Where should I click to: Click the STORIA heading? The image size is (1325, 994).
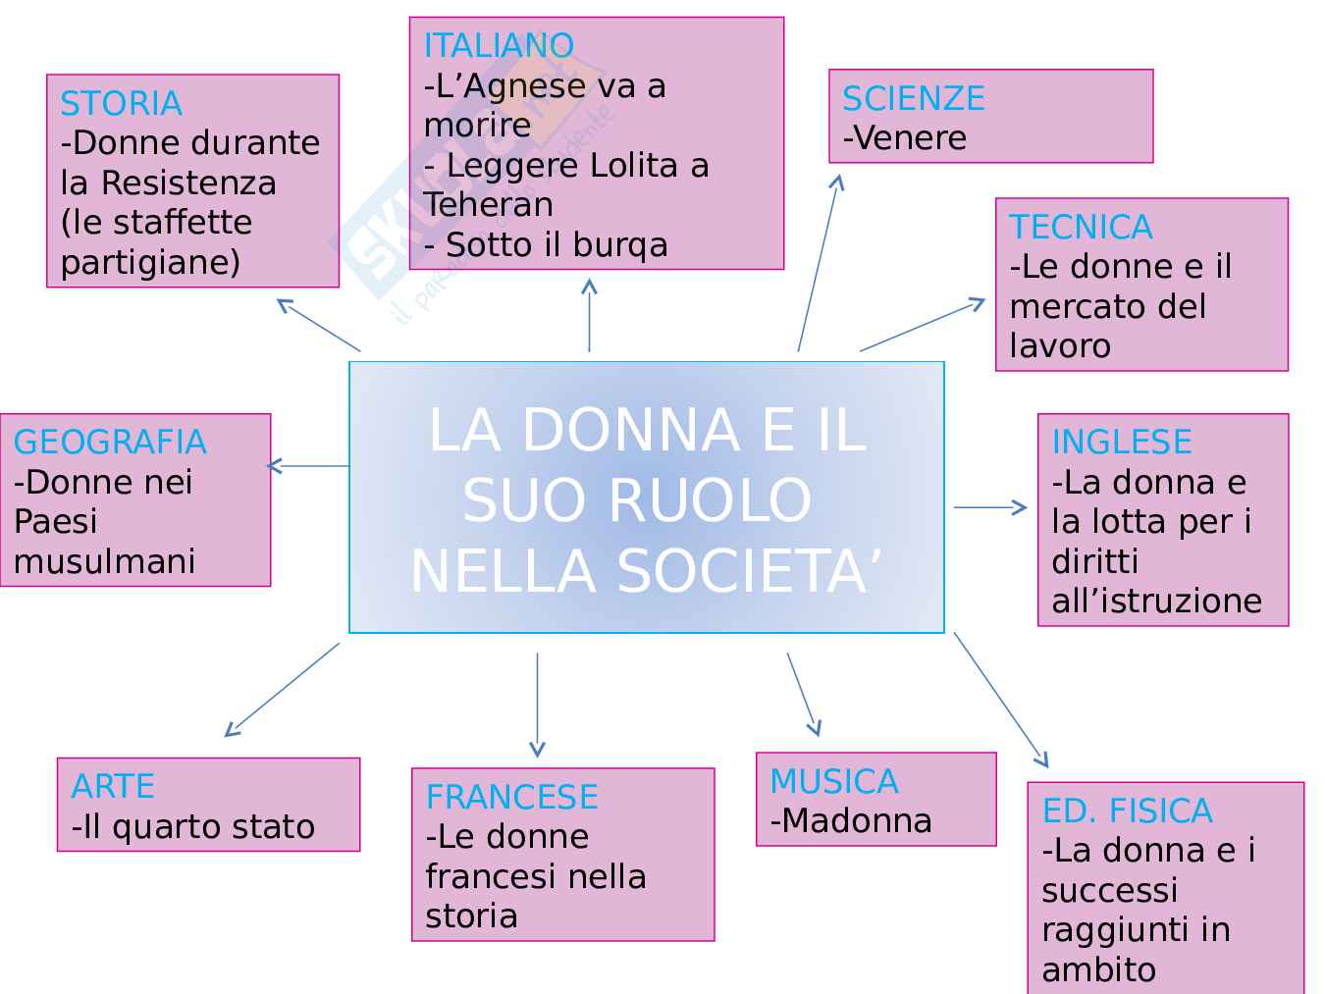[x=121, y=103]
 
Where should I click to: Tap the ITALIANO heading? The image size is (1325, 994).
[x=499, y=46]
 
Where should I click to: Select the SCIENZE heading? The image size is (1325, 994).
[x=913, y=98]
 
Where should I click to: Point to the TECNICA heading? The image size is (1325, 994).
[x=1081, y=227]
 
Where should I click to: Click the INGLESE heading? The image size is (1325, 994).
[x=1121, y=442]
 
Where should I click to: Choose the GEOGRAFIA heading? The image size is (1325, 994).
[x=110, y=442]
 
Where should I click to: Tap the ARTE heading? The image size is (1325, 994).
[x=113, y=786]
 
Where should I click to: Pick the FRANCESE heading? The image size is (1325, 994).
[x=511, y=797]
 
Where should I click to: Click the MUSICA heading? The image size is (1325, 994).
[x=833, y=781]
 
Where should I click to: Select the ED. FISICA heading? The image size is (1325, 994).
[x=1127, y=811]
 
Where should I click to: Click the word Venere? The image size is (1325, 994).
[x=910, y=138]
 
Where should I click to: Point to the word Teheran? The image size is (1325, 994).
[x=488, y=204]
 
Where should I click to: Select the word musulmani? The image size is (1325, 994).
[x=104, y=561]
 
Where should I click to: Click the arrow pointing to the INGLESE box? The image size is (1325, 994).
[x=989, y=507]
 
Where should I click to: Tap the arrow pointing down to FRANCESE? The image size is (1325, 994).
[x=537, y=704]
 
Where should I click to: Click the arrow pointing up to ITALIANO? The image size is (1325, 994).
[x=589, y=315]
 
